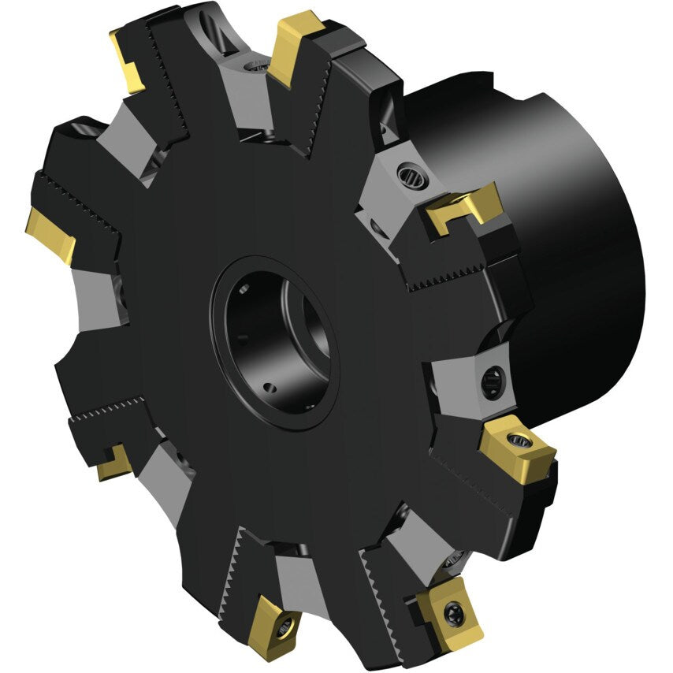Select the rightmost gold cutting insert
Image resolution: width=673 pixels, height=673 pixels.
[x=516, y=444]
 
